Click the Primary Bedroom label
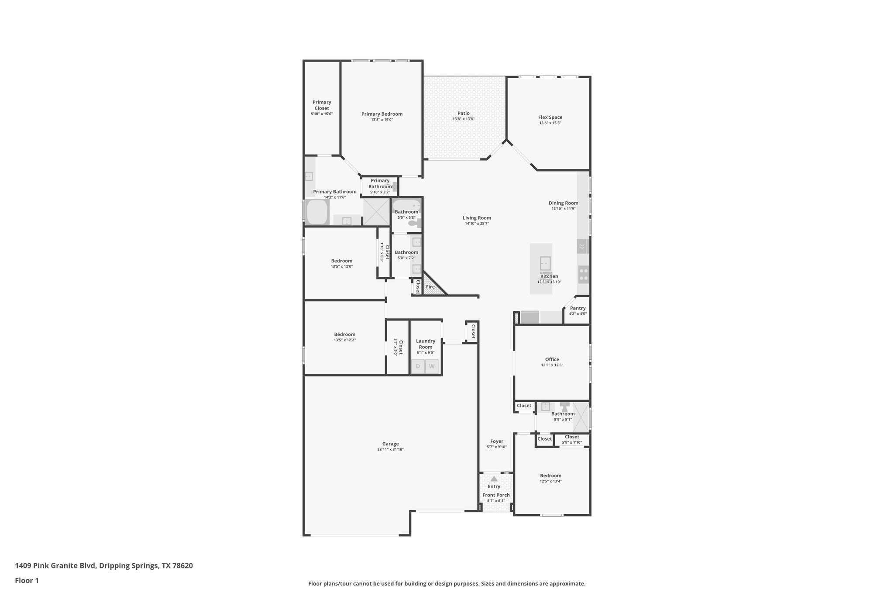pyautogui.click(x=382, y=114)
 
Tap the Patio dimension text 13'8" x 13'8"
pyautogui.click(x=463, y=119)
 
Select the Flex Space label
pyautogui.click(x=550, y=117)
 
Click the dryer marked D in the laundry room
pyautogui.click(x=418, y=366)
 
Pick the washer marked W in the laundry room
pyautogui.click(x=432, y=366)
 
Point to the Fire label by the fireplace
pyautogui.click(x=430, y=287)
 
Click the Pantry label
pyautogui.click(x=578, y=308)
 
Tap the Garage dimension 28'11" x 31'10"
pyautogui.click(x=390, y=449)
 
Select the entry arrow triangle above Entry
pyautogui.click(x=494, y=479)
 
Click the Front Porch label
pyautogui.click(x=496, y=495)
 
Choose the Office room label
pyautogui.click(x=552, y=359)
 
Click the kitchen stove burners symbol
pyautogui.click(x=583, y=274)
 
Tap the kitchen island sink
pyautogui.click(x=545, y=264)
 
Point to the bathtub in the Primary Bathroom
pyautogui.click(x=317, y=212)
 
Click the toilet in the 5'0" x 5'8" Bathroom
pyautogui.click(x=414, y=224)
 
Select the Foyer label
pyautogui.click(x=496, y=441)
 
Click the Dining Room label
pyautogui.click(x=563, y=203)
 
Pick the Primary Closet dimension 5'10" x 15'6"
pyautogui.click(x=322, y=114)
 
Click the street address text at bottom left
pyautogui.click(x=104, y=566)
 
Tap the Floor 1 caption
pyautogui.click(x=27, y=580)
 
